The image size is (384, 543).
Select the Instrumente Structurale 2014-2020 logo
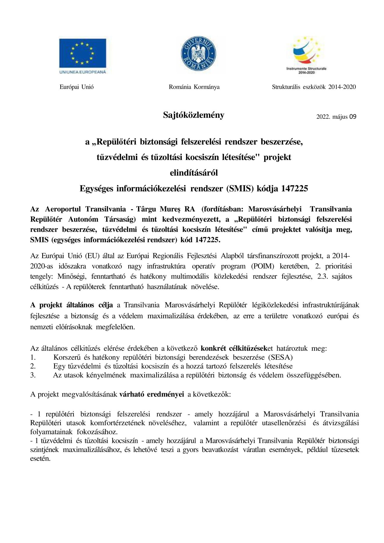[x=306, y=55]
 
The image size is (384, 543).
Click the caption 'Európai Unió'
[x=77, y=87]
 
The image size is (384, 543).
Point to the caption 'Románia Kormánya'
[x=194, y=87]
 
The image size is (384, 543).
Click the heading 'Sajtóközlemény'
[x=193, y=115]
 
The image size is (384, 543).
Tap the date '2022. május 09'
[x=336, y=117]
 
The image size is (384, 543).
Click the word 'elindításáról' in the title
[x=194, y=173]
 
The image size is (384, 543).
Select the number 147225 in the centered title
[x=294, y=189]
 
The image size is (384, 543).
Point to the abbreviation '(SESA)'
[x=280, y=357]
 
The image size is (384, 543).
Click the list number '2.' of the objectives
[x=33, y=366]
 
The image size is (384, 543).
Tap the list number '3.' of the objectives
[x=33, y=375]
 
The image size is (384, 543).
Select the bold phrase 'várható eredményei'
[x=152, y=394]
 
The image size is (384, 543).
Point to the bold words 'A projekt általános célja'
[x=72, y=305]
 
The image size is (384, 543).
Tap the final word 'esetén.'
[x=40, y=459]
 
